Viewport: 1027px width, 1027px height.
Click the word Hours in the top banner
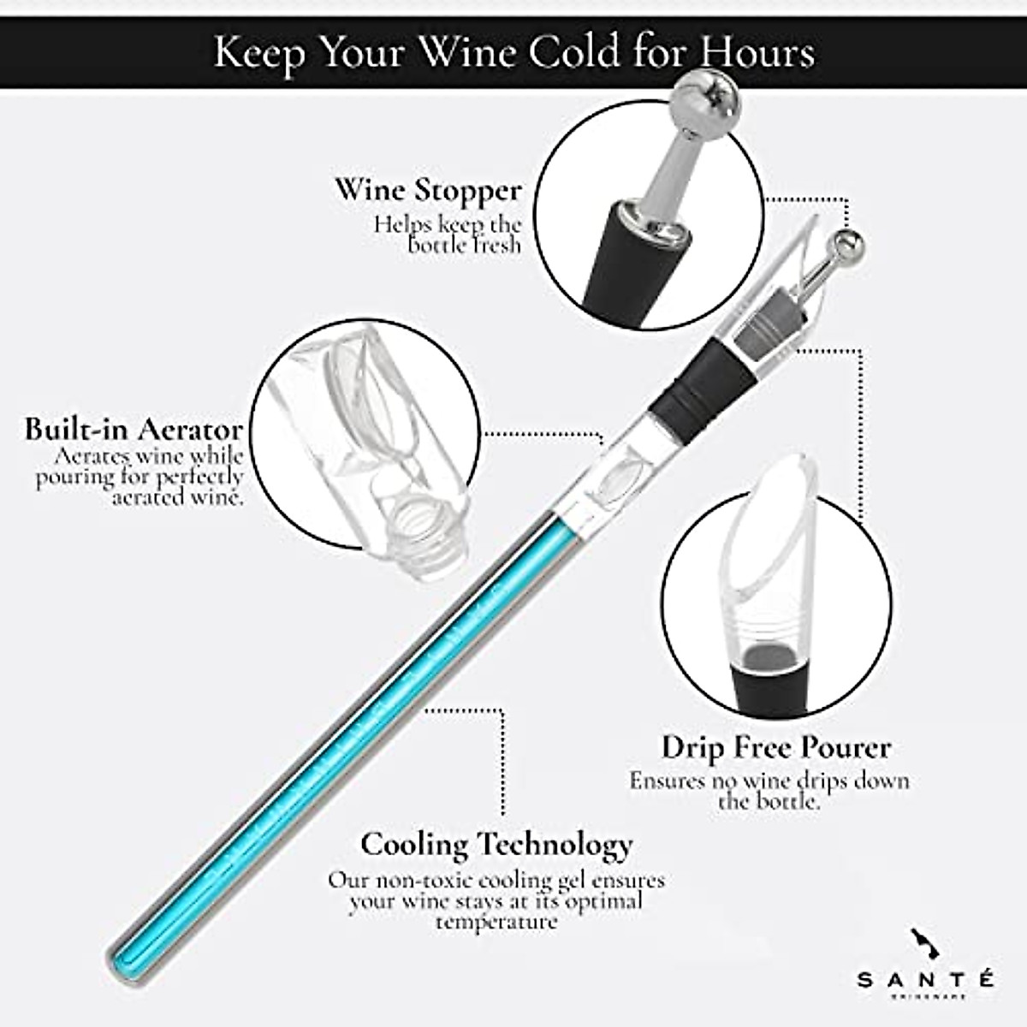[x=756, y=53]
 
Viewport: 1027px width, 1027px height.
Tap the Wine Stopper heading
[x=428, y=189]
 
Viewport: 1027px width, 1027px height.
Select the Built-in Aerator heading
[x=133, y=428]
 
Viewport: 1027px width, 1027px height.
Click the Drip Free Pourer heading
[x=775, y=748]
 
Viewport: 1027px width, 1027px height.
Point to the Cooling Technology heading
[x=496, y=844]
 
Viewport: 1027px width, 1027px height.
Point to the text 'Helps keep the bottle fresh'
[x=447, y=234]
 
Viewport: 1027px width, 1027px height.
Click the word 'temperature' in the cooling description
[x=496, y=922]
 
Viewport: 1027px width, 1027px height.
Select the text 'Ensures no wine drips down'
[x=769, y=781]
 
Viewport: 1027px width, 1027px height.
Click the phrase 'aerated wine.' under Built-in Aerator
[x=177, y=497]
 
